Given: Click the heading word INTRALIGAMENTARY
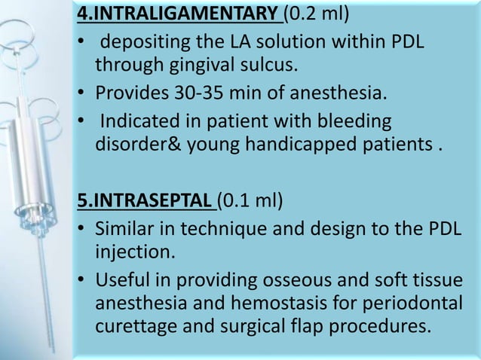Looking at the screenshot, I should tap(185, 14).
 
